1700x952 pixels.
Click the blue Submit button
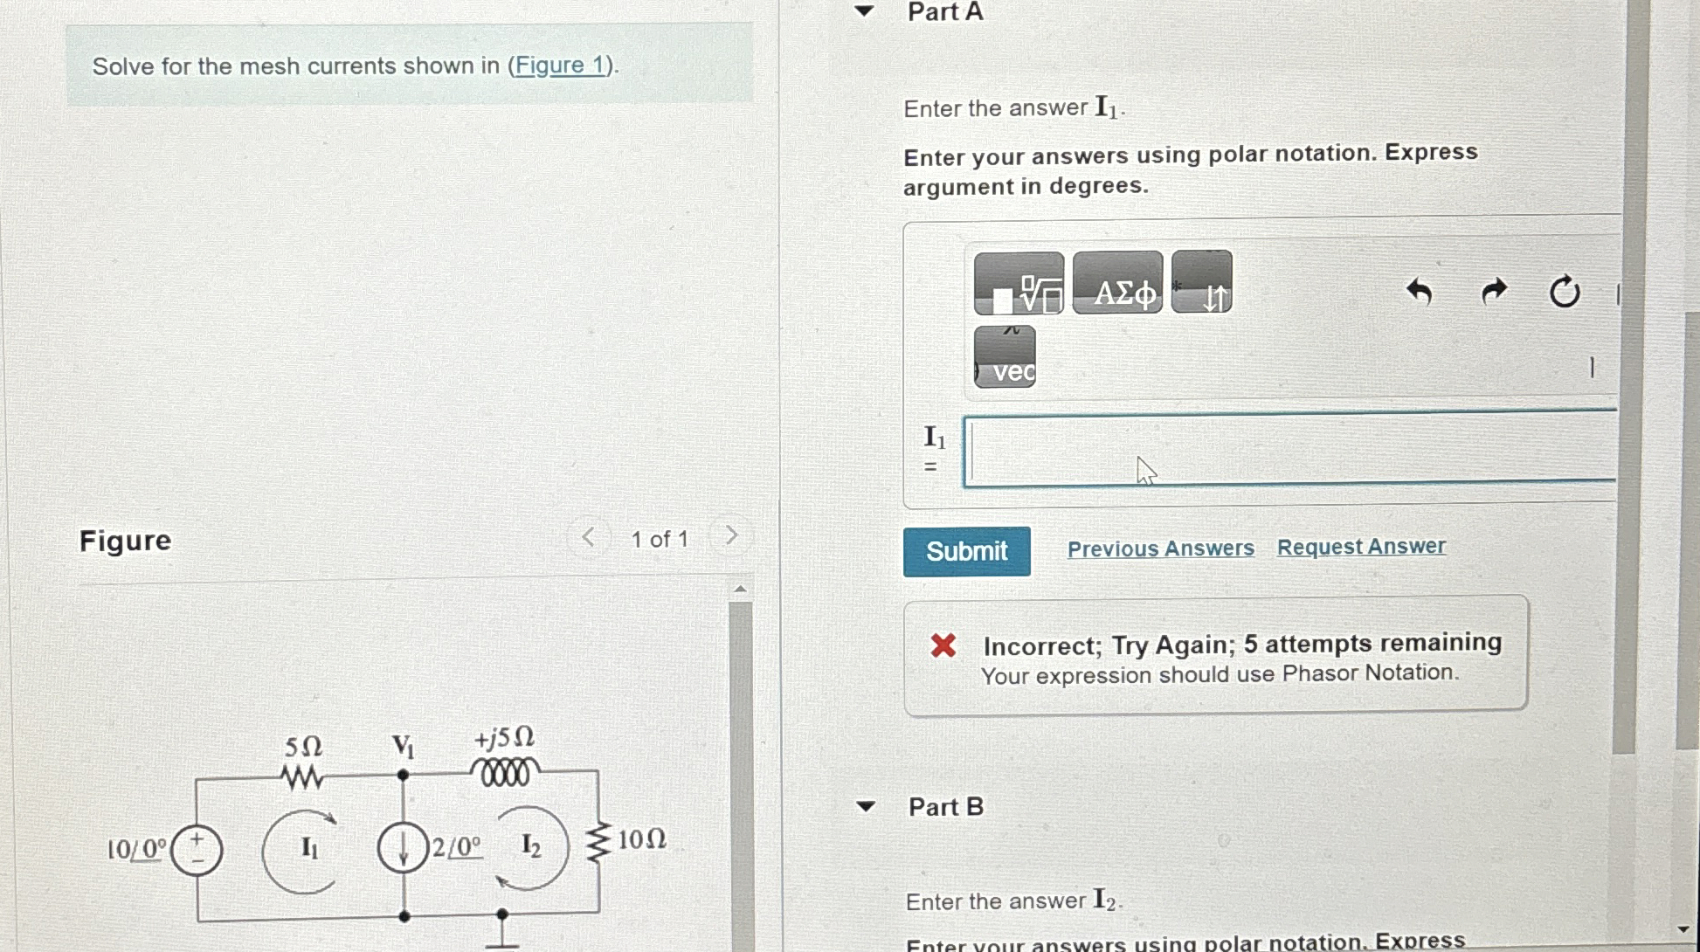click(966, 551)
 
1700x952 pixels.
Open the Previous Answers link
click(1160, 548)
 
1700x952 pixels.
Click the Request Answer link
click(1361, 547)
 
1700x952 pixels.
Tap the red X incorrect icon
click(943, 645)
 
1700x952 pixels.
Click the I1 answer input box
click(1289, 448)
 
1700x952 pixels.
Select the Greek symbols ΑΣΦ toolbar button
click(1117, 282)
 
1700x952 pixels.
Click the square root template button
click(1019, 283)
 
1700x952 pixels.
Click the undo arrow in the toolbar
click(1419, 291)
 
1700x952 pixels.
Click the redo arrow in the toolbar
click(1495, 291)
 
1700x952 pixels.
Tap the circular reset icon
click(1564, 291)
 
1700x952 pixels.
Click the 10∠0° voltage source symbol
click(197, 850)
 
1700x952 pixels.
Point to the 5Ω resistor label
click(303, 747)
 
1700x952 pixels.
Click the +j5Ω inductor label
click(504, 738)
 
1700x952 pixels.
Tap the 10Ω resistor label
click(642, 839)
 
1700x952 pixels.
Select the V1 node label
click(403, 746)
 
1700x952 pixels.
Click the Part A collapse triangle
click(864, 11)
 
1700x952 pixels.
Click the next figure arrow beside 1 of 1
click(731, 535)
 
